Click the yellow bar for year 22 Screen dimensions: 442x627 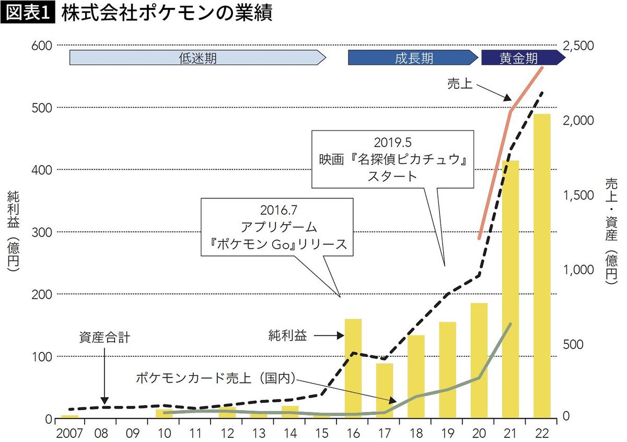click(x=542, y=266)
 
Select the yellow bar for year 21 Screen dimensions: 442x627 click(x=510, y=290)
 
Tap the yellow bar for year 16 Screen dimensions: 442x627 click(x=353, y=368)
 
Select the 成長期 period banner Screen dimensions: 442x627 click(x=413, y=57)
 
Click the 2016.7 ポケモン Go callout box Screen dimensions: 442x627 click(x=277, y=227)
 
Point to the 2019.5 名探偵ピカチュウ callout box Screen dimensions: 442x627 click(x=392, y=159)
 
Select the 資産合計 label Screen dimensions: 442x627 click(x=104, y=337)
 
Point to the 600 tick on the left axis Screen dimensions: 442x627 click(x=43, y=45)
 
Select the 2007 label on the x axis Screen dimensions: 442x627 click(x=69, y=433)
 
